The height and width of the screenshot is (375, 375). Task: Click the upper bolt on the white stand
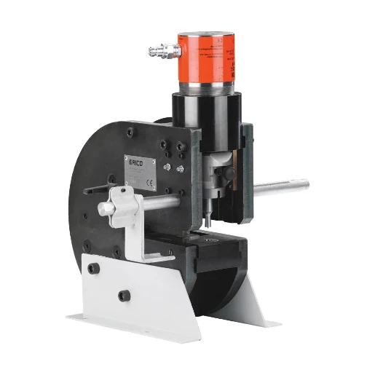[x=92, y=268]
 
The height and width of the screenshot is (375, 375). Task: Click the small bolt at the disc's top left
[x=130, y=132]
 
